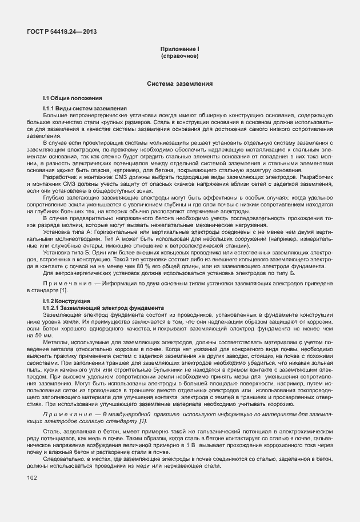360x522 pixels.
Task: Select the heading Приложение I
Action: click(x=179, y=50)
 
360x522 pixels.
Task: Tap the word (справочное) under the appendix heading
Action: click(x=179, y=57)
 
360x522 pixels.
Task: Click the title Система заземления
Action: click(x=179, y=83)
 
